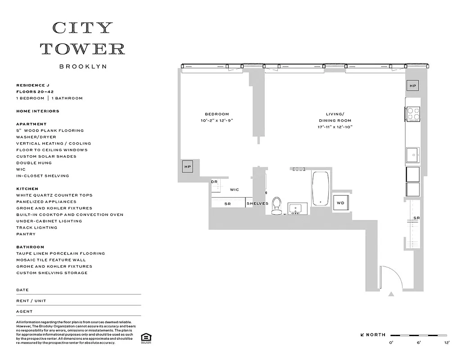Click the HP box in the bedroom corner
point(188,167)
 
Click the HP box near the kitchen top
point(413,85)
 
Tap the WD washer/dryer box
point(340,203)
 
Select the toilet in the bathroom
point(276,205)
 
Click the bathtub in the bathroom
point(321,189)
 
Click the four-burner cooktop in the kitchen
point(413,114)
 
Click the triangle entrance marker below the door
point(391,294)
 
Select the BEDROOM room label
point(217,114)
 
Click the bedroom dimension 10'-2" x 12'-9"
point(217,121)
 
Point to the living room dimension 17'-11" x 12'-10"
point(335,127)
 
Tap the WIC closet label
point(234,190)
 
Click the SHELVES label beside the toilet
point(257,203)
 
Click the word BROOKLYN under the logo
point(83,66)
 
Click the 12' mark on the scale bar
point(447,343)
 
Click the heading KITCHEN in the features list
point(27,189)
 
